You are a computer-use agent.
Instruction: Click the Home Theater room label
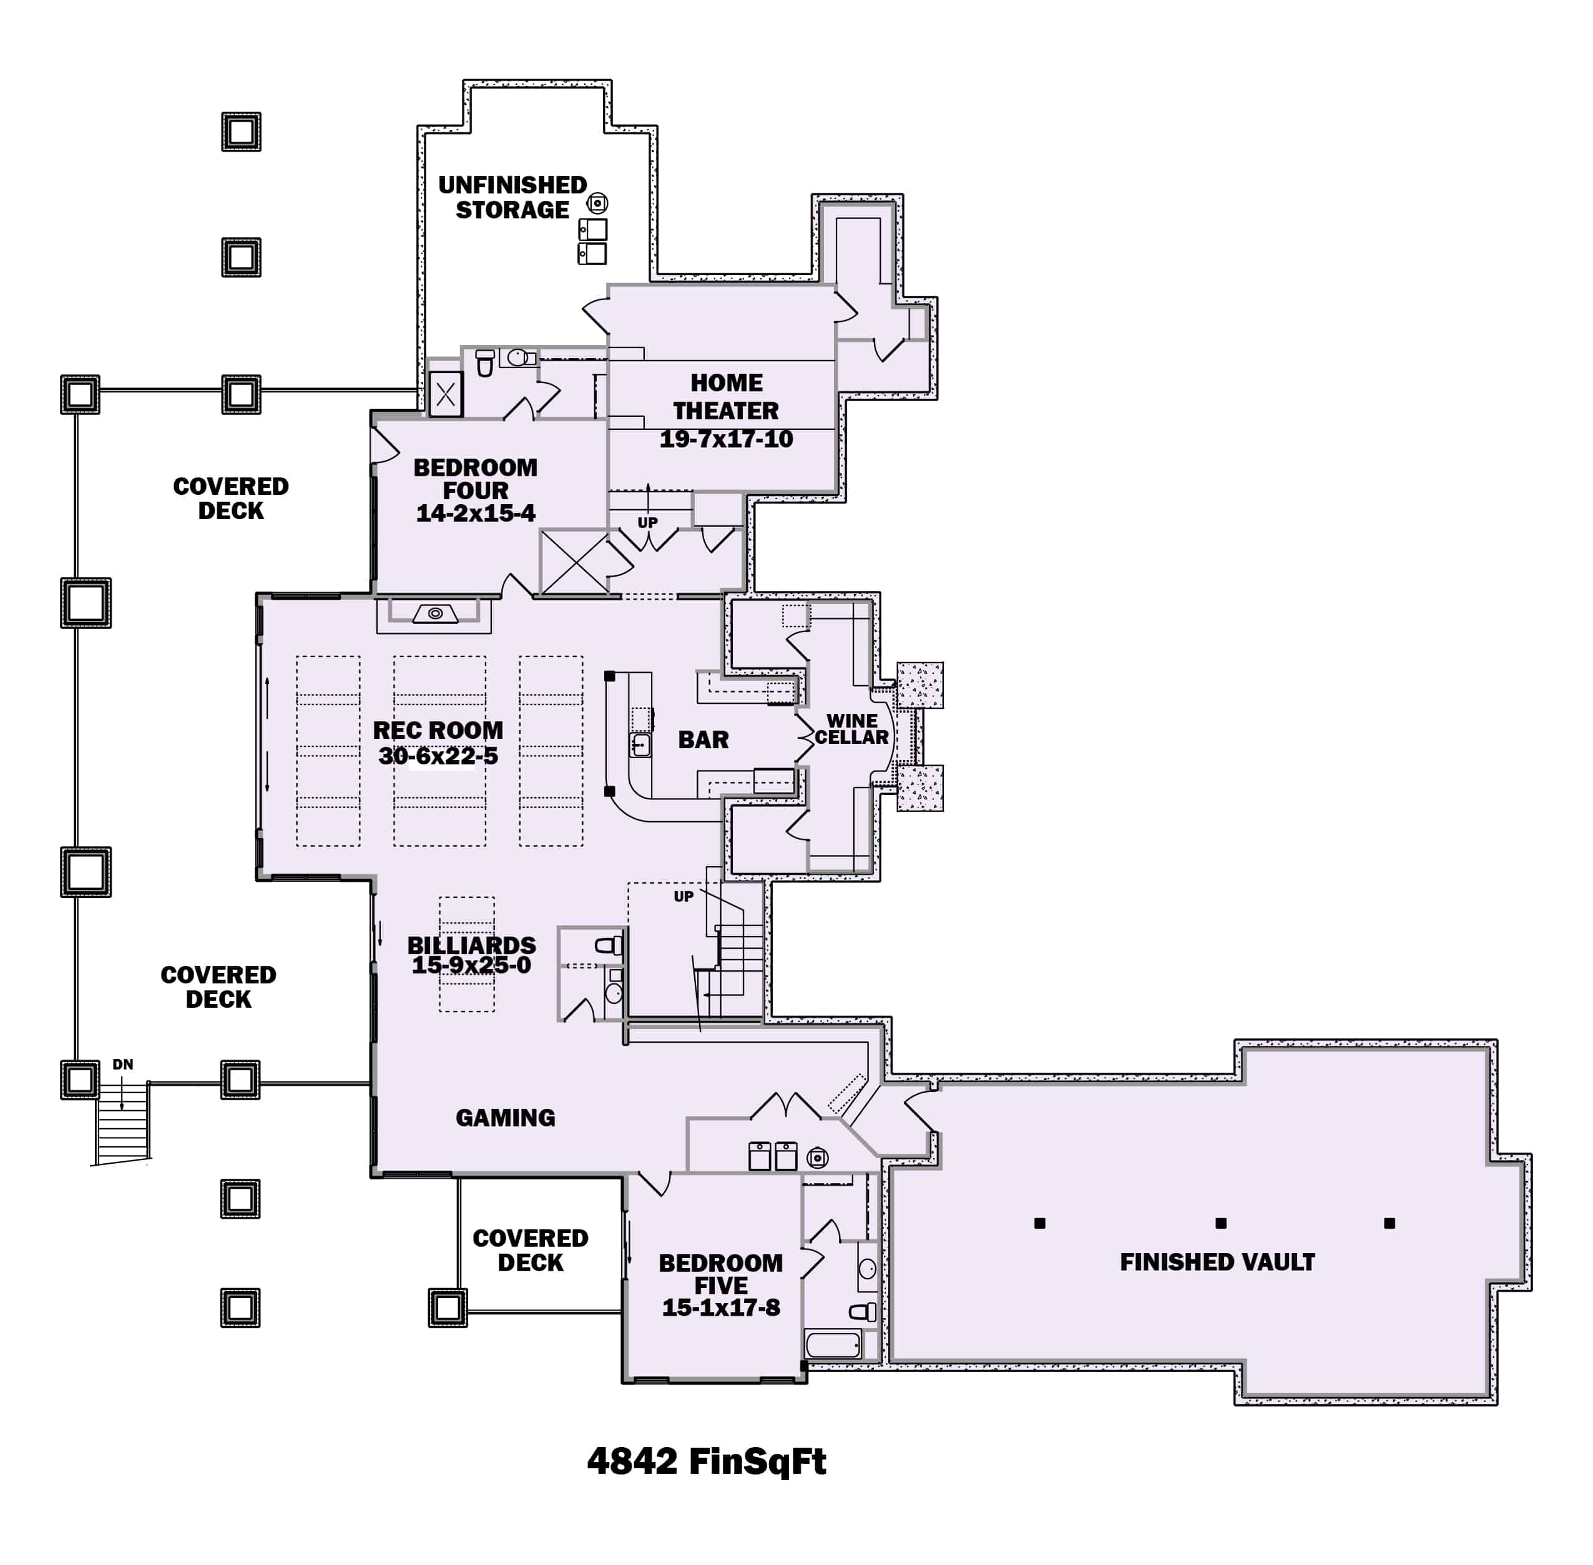tap(725, 396)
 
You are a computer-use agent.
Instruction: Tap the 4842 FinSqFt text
tap(705, 1461)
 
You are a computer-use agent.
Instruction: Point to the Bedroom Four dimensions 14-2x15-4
tap(476, 514)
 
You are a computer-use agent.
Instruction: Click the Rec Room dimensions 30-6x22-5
tap(438, 756)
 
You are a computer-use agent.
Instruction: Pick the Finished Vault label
tap(1217, 1262)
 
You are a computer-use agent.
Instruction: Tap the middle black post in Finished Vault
tap(1220, 1223)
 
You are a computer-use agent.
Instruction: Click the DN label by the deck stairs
tap(122, 1065)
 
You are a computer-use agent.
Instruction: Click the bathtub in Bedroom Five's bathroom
tap(833, 1345)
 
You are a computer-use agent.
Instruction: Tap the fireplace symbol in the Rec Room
tap(435, 613)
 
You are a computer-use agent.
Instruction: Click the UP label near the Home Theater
tap(647, 523)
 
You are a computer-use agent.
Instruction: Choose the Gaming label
tap(505, 1118)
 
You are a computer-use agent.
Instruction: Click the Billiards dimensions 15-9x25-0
tap(471, 966)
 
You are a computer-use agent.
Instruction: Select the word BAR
tap(703, 740)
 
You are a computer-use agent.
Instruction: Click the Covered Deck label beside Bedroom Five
tap(531, 1251)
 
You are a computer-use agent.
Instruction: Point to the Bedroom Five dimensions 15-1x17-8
tap(720, 1308)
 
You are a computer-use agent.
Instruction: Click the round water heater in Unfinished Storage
tap(597, 203)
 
